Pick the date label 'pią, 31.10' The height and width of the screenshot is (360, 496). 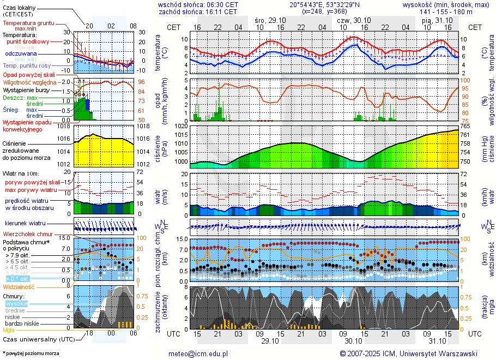(435, 20)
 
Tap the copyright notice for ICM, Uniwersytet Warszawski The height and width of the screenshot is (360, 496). (408, 353)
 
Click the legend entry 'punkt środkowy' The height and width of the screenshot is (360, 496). (28, 41)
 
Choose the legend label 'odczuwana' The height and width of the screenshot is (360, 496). (21, 54)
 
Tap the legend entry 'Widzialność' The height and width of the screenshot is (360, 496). (19, 286)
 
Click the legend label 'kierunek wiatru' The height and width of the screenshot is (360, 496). (25, 224)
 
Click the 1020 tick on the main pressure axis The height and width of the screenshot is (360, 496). (180, 126)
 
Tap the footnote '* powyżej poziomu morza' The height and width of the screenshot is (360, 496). (31, 353)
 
